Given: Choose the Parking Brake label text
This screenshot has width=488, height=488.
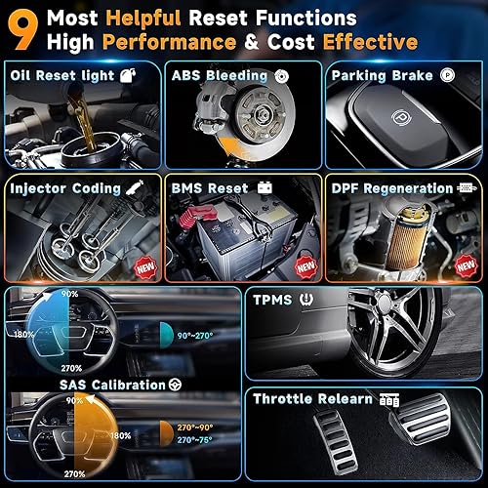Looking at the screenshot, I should coord(381,76).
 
